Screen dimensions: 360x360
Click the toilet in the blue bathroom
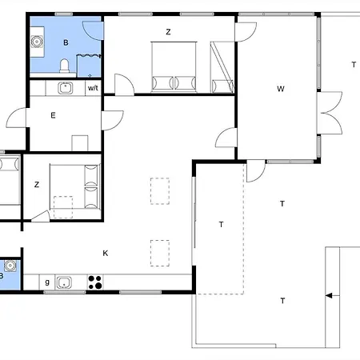click(64, 66)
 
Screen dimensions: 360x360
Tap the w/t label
click(93, 88)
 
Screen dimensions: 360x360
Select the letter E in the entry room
click(53, 115)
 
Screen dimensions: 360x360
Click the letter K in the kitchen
click(106, 253)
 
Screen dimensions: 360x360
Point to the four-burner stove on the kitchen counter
click(95, 282)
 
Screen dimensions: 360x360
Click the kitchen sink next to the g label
click(64, 282)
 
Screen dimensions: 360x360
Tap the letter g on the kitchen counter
click(47, 282)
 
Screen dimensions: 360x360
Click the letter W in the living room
click(281, 89)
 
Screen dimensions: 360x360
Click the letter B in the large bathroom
click(66, 42)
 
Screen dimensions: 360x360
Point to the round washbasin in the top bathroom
click(37, 42)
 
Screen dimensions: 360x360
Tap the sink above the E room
click(66, 88)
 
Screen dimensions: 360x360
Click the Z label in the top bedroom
click(168, 32)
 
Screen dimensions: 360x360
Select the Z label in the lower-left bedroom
click(37, 185)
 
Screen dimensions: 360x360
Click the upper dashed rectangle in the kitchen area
click(160, 191)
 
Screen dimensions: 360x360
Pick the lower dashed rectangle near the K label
click(160, 253)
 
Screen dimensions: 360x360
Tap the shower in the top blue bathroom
click(89, 66)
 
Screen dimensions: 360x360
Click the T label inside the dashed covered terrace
click(221, 225)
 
